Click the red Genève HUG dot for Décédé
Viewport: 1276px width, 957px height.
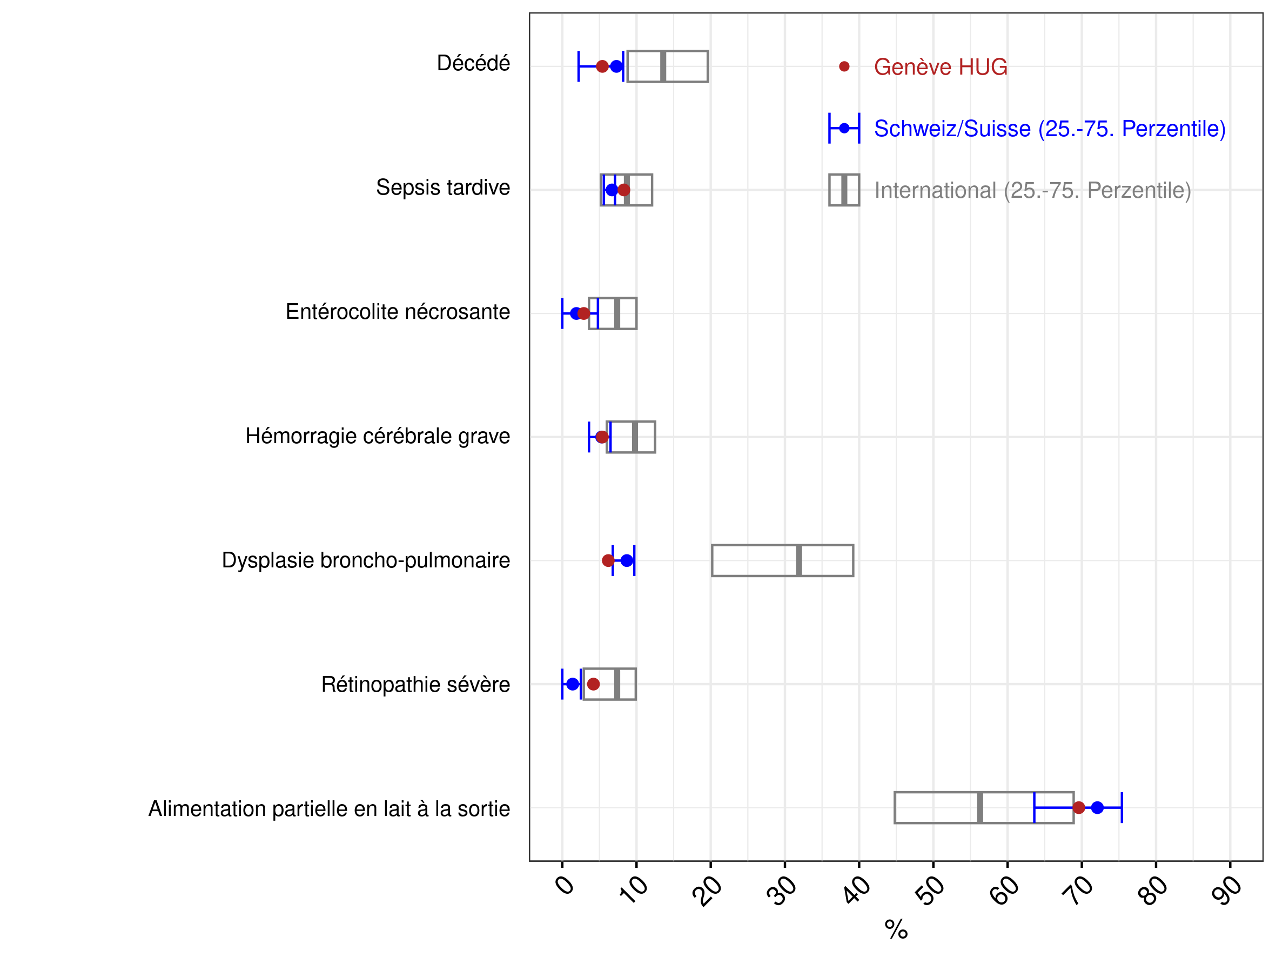tap(602, 66)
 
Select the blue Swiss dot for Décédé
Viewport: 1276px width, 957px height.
tap(616, 66)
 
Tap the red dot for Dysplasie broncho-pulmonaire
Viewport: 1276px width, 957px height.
tap(608, 561)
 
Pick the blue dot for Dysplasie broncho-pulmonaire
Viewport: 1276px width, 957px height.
tap(627, 561)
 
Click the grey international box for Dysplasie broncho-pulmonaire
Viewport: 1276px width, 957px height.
tap(711, 561)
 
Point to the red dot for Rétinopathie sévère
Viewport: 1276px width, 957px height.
tap(593, 684)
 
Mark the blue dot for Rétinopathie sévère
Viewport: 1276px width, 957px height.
tap(572, 684)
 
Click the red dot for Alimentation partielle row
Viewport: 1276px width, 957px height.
tap(1079, 808)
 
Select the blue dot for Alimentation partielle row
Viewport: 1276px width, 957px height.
tap(1097, 808)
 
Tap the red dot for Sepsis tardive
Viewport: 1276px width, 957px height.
tap(623, 190)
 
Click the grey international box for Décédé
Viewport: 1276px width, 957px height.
tap(628, 66)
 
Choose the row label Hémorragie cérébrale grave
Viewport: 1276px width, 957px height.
tap(378, 437)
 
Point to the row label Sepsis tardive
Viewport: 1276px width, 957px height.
tap(443, 188)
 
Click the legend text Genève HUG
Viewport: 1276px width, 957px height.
tap(941, 67)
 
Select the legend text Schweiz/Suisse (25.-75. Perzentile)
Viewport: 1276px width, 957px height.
tap(1050, 129)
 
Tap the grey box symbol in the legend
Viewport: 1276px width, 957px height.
tap(844, 190)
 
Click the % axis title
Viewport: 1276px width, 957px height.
tap(896, 929)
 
